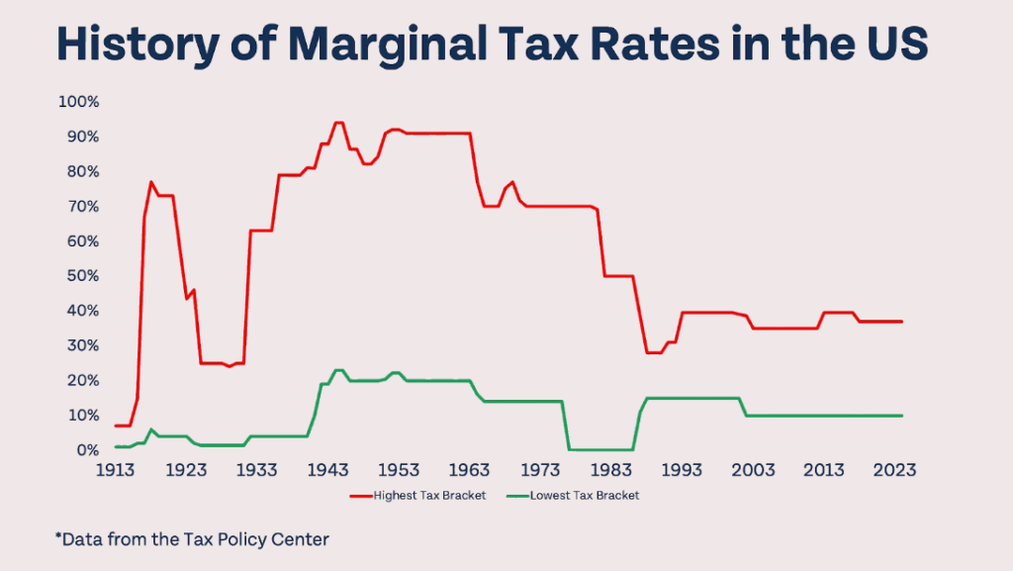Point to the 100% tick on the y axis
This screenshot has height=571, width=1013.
80,102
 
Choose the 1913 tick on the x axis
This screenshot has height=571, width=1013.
117,470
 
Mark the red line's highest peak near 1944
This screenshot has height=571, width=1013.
338,123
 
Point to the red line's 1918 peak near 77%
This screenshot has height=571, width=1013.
150,182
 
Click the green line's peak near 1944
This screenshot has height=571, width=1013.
338,370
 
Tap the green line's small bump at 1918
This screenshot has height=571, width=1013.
150,429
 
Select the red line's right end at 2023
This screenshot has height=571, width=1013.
901,322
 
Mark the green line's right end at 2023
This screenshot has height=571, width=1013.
901,416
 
